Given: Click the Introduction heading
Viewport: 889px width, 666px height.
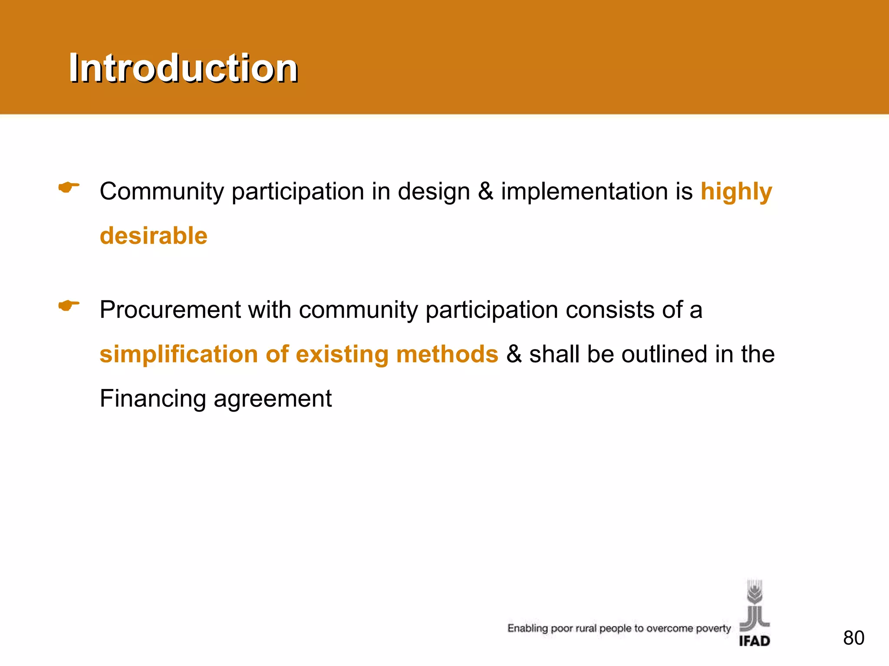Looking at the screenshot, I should coord(183,68).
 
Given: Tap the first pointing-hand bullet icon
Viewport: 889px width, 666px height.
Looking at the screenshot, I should coord(69,188).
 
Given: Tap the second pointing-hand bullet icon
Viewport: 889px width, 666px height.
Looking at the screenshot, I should coord(69,306).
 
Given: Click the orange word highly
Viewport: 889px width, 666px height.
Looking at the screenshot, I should coord(736,192).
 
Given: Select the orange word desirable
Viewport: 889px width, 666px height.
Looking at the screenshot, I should coord(154,236).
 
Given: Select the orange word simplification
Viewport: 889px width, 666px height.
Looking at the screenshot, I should coord(178,354).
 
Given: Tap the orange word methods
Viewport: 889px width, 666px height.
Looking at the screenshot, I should coord(447,354).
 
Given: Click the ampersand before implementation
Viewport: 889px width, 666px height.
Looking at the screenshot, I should coord(485,192).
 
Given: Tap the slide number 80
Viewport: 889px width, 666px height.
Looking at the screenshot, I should coord(853,638).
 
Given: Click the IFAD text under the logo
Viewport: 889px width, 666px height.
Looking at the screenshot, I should coord(754,641).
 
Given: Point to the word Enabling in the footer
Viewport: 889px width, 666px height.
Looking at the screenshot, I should coord(527,629).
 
